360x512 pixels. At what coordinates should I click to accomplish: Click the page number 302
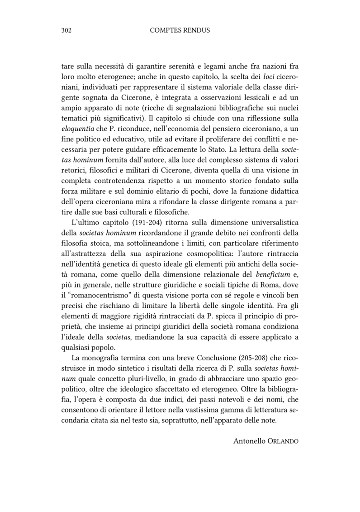tap(67, 30)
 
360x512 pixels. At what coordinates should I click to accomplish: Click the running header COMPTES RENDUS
tap(180, 30)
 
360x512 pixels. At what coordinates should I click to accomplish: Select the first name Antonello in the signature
tap(250, 440)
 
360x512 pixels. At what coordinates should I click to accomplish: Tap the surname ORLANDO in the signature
tap(283, 441)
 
